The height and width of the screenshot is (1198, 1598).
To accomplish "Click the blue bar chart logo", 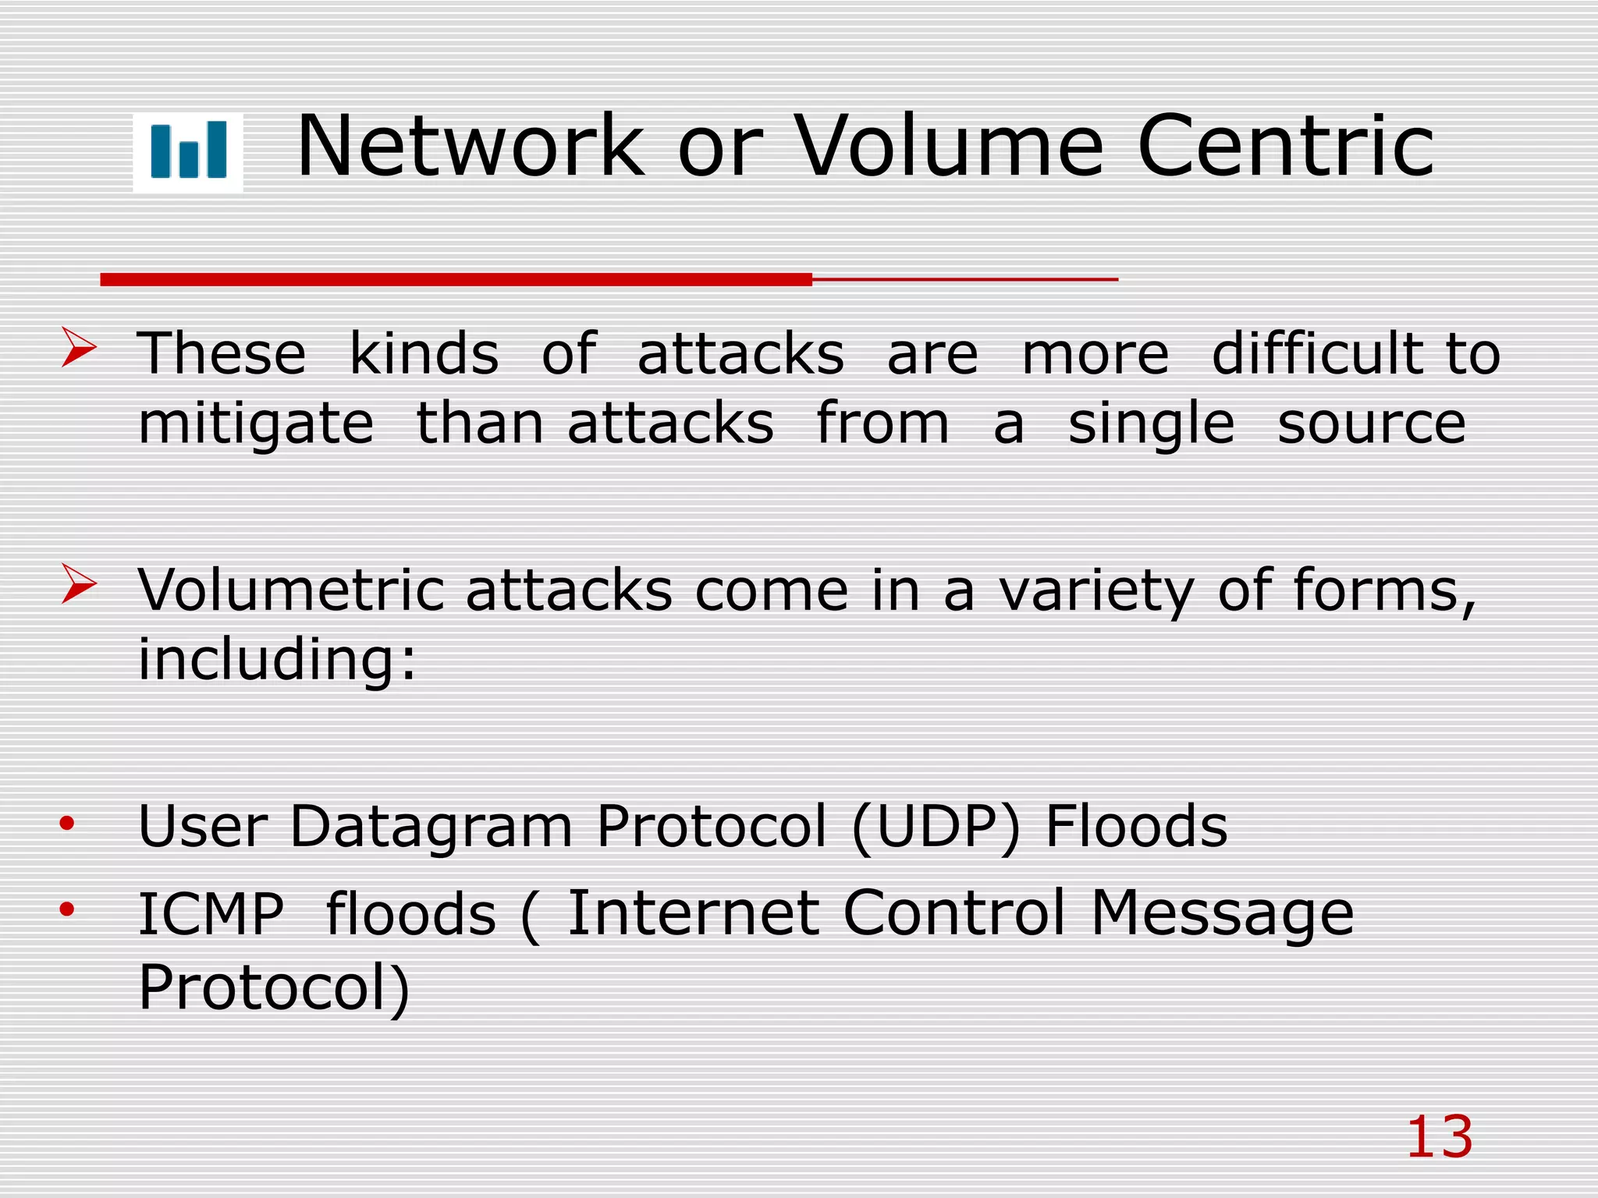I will (188, 151).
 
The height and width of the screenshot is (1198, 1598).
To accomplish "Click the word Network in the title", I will (471, 146).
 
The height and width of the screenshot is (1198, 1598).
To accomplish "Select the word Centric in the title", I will (1286, 146).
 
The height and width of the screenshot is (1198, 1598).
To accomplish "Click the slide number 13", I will (1440, 1137).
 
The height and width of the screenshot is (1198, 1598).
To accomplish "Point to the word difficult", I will (1318, 353).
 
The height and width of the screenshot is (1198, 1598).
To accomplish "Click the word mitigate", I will (256, 425).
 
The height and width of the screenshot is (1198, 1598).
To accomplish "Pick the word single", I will (1151, 425).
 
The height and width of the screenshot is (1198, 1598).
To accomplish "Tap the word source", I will (1372, 425).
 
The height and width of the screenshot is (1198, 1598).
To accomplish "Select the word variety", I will (1096, 591).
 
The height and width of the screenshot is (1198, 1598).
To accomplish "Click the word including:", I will (277, 660).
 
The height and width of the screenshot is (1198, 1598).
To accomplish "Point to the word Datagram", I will (431, 826).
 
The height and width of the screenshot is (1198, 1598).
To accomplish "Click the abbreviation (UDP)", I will (936, 827).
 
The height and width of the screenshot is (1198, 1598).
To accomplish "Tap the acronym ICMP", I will (211, 914).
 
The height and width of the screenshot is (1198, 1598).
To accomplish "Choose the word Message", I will (1222, 914).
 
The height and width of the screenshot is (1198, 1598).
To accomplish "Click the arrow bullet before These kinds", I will (79, 347).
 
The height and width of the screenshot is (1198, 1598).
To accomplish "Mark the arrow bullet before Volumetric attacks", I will (79, 584).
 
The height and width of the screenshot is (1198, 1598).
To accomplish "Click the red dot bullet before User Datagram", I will (67, 823).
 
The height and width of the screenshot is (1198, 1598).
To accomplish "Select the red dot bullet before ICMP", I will (67, 909).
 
